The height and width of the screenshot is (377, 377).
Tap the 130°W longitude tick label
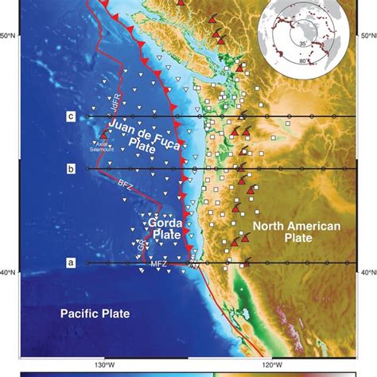pyautogui.click(x=103, y=365)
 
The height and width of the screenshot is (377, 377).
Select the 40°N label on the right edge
pyautogui.click(x=367, y=273)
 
